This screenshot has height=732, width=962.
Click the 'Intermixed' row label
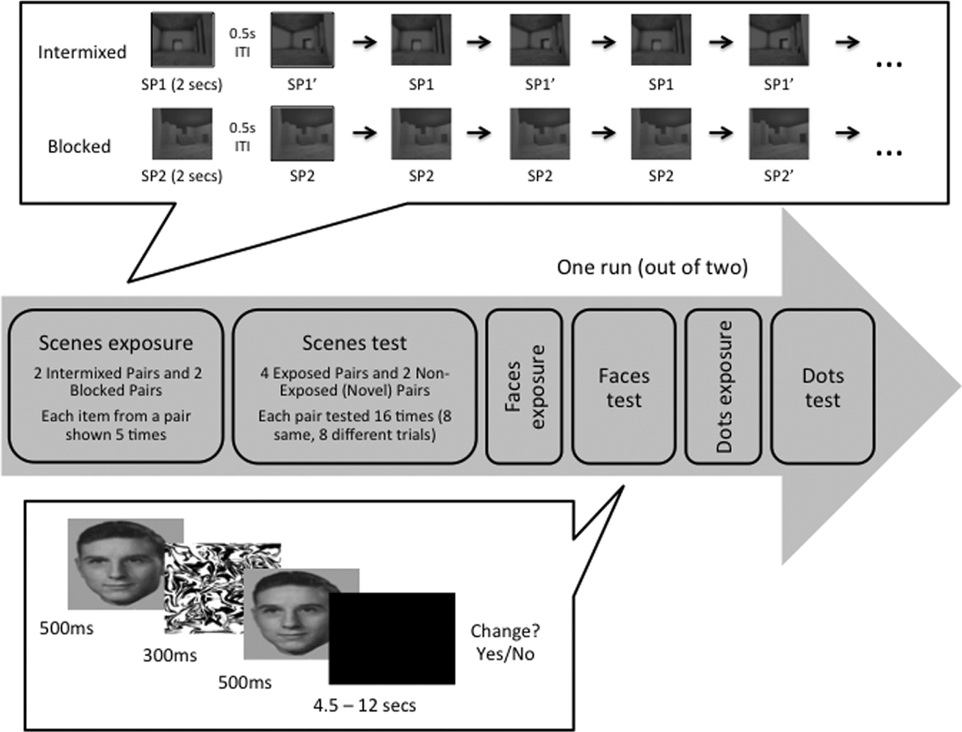coord(82,52)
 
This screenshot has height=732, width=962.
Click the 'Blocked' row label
coord(79,146)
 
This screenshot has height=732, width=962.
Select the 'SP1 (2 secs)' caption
coord(181,85)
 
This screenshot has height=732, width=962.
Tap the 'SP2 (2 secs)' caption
coord(181,176)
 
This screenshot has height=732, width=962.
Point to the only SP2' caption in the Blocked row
coord(778,176)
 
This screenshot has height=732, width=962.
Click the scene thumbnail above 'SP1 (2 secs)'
coord(182,40)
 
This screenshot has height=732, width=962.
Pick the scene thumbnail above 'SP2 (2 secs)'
coord(182,134)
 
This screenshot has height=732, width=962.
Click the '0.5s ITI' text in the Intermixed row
coord(242,42)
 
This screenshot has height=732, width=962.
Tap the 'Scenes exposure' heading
coord(115,343)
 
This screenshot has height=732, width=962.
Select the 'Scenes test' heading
coord(355,343)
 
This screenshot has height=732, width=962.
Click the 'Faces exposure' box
coord(524,386)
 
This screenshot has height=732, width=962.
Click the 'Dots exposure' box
coord(723,386)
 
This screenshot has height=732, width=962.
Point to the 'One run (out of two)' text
coord(652,267)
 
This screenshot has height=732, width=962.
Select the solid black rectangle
coord(391,639)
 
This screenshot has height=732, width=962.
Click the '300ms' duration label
coord(170,655)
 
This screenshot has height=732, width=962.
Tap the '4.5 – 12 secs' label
coord(364,705)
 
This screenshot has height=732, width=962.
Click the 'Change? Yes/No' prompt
coord(505,642)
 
